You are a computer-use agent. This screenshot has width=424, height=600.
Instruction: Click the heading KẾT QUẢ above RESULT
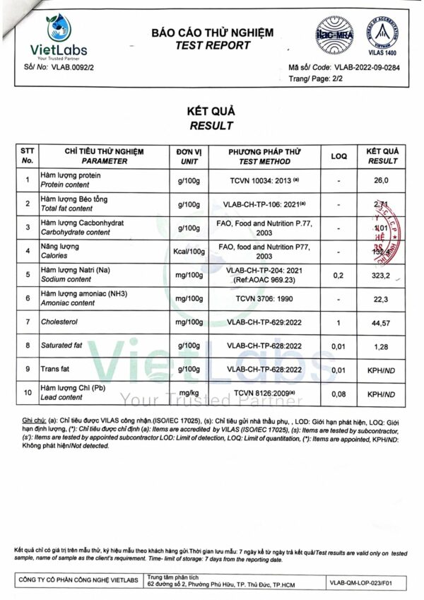click(211, 112)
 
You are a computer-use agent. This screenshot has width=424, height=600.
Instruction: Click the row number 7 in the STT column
click(28, 322)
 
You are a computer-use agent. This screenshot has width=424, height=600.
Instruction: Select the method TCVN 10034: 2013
click(263, 180)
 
